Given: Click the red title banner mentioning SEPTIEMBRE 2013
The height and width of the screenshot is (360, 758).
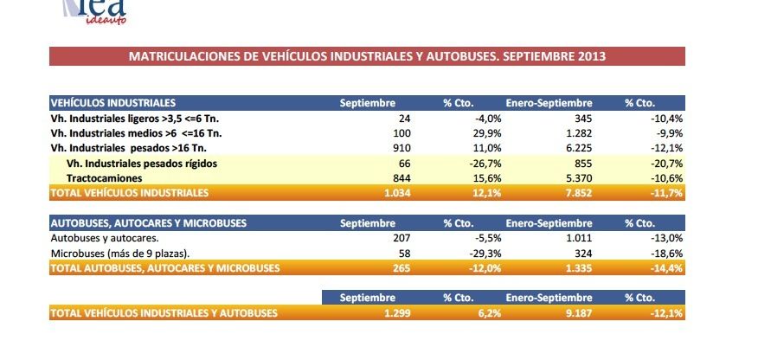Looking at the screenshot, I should (x=367, y=56).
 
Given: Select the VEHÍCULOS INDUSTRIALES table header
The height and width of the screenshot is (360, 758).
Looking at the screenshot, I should (x=113, y=103).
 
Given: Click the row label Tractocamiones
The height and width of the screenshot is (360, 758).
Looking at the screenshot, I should (x=100, y=177).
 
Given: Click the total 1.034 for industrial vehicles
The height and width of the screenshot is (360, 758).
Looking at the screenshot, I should (x=395, y=191).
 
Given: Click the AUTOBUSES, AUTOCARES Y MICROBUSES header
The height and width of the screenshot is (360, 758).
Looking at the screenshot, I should (x=148, y=223).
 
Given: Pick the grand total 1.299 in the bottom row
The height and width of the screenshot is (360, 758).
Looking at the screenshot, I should (x=395, y=312).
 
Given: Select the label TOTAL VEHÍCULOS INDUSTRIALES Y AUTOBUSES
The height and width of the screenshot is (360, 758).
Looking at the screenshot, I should (x=164, y=312).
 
